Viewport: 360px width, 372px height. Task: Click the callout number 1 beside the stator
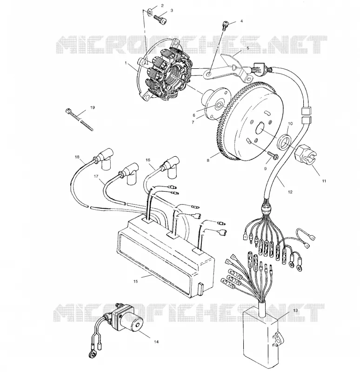click(x=126, y=63)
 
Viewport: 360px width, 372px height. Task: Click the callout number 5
click(x=248, y=48)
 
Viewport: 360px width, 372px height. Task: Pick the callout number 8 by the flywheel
click(x=208, y=160)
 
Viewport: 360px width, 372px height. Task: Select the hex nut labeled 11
click(x=305, y=154)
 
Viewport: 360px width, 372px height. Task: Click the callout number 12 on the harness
click(x=290, y=192)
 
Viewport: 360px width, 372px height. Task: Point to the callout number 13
click(x=295, y=310)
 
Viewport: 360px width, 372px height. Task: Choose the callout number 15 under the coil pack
click(x=135, y=281)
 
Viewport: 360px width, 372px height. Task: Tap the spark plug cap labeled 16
click(x=170, y=167)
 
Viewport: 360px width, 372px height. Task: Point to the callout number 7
click(x=193, y=122)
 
